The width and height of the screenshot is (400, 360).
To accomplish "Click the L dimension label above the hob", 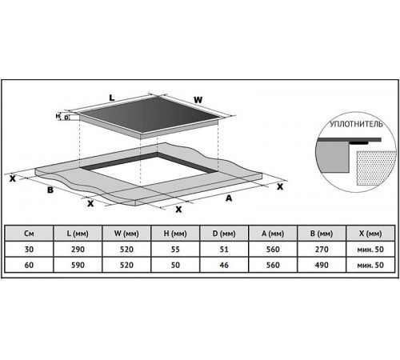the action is tap(112, 98).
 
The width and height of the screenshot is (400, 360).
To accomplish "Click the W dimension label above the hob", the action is tap(198, 100).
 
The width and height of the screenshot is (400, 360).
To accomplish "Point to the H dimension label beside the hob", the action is tap(58, 116).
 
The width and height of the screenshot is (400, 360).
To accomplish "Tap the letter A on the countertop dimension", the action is tap(229, 198).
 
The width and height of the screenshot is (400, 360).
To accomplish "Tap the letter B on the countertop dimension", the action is tap(50, 190).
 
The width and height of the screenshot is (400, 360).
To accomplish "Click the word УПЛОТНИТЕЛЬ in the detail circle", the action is tap(356, 124).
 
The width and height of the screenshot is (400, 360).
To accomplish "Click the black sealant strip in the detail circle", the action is tap(358, 143).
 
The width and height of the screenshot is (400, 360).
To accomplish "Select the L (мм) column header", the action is tap(78, 234).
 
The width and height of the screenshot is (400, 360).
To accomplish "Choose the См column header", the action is tap(29, 234).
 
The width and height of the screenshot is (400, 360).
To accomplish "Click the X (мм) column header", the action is tap(370, 234).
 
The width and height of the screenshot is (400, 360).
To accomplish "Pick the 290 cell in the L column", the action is tap(78, 250).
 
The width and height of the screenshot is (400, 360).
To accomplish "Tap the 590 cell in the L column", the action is tap(78, 265).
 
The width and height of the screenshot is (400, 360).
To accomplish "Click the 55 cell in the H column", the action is tap(175, 250).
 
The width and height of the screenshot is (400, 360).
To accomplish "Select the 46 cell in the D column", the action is tap(224, 265).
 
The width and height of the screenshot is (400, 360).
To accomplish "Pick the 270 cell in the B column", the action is tap(322, 250).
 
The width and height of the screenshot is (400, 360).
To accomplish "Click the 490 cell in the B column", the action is tap(322, 265).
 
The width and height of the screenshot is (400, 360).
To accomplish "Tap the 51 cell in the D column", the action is tap(224, 250).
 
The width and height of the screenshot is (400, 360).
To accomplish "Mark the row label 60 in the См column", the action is tap(29, 265).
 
